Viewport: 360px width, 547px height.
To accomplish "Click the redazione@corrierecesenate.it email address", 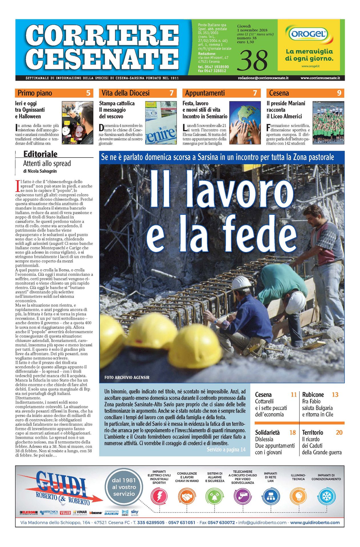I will tap(263, 78).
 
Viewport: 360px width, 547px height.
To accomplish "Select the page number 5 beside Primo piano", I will tap(88, 93).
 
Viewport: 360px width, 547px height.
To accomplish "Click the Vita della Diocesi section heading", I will tap(125, 93).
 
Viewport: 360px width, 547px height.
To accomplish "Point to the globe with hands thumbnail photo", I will tap(245, 123).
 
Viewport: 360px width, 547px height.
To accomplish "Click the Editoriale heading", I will tap(40, 154).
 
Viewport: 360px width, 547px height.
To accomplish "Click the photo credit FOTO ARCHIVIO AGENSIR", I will tap(127, 377).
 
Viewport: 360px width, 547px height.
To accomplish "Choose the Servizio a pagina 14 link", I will tap(226, 450).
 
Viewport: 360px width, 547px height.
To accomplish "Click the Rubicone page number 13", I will tap(335, 395).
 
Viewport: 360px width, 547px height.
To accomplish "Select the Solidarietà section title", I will tap(267, 432).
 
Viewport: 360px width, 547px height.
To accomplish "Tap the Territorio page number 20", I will tap(339, 432).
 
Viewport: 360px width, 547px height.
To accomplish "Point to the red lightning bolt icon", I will tap(159, 496).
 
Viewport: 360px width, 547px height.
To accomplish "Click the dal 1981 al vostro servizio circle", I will tap(124, 487).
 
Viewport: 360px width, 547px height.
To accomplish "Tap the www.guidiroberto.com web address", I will tap(315, 522).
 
